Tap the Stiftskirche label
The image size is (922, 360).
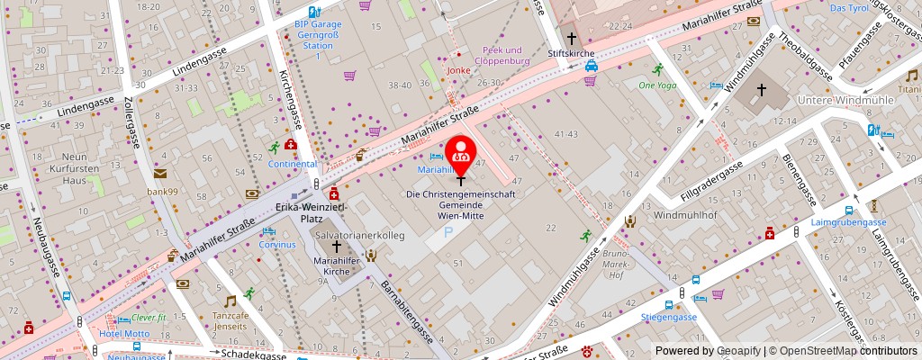coord(572,54)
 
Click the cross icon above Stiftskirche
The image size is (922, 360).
coord(572,38)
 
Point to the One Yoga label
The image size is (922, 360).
coord(656,85)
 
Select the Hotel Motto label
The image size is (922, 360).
coord(124,335)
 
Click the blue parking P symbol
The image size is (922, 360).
coord(449,233)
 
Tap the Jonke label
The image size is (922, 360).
coord(459,69)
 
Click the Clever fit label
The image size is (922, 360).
coord(149,318)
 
